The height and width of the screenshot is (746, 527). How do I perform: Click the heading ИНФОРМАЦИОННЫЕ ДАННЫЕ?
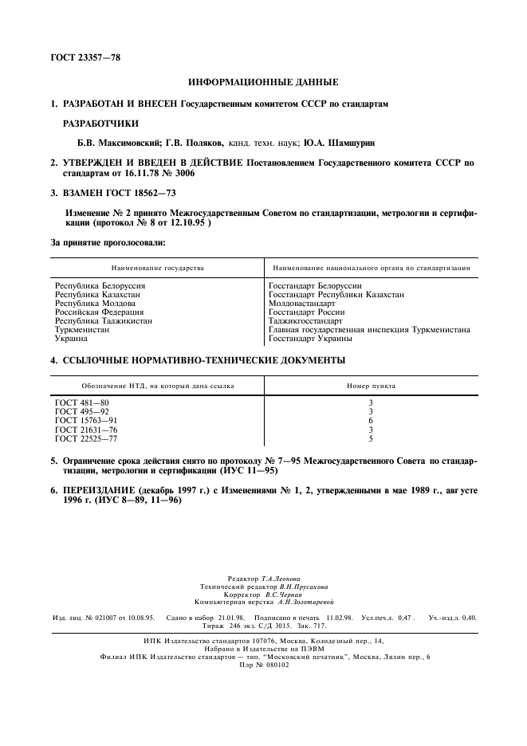coord(262,82)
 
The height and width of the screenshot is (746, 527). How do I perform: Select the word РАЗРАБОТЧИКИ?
coord(100,124)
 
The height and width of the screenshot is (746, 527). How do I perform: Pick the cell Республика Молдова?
coord(92,304)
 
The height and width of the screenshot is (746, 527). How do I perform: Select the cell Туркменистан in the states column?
coord(81,328)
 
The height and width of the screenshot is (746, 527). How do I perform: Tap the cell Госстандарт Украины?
coord(311,337)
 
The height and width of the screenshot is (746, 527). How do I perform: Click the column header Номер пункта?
coord(371,386)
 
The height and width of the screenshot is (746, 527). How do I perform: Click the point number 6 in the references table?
coord(371,420)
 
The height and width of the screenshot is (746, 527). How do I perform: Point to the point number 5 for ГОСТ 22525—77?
coord(371,438)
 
